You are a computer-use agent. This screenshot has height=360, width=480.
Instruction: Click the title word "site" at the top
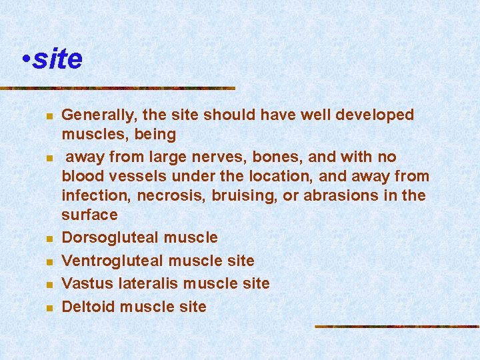pyautogui.click(x=57, y=59)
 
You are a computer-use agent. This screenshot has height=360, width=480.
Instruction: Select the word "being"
pyautogui.click(x=155, y=135)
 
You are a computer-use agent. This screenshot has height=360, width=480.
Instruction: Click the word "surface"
pyautogui.click(x=89, y=215)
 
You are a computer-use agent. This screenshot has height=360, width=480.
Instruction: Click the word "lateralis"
pyautogui.click(x=147, y=284)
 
